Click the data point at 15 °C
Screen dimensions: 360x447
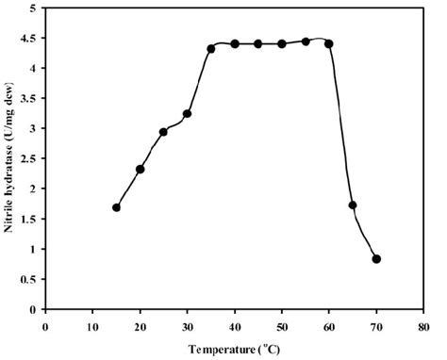click(x=116, y=207)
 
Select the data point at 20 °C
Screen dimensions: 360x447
click(x=140, y=170)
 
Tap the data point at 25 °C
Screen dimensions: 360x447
click(x=163, y=132)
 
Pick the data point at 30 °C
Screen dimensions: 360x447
click(x=187, y=114)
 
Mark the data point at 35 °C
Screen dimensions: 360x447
click(x=210, y=49)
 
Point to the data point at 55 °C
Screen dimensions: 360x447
click(x=306, y=41)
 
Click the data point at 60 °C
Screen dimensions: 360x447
click(x=329, y=44)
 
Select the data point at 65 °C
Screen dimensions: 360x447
click(x=353, y=205)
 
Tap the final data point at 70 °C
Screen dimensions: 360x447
click(x=376, y=259)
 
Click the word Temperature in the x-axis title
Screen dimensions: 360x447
click(x=220, y=348)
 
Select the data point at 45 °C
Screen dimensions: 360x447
click(x=258, y=44)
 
